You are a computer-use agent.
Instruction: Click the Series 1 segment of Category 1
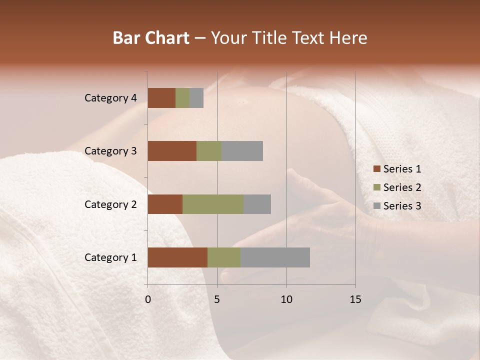pyautogui.click(x=177, y=257)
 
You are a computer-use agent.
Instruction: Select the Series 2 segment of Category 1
pyautogui.click(x=224, y=257)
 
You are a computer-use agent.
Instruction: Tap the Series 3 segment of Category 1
pyautogui.click(x=275, y=257)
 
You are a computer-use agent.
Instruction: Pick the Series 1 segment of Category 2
pyautogui.click(x=165, y=204)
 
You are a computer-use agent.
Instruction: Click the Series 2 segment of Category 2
pyautogui.click(x=213, y=204)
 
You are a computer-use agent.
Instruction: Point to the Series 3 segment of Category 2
pyautogui.click(x=257, y=204)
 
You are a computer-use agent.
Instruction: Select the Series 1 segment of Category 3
pyautogui.click(x=172, y=151)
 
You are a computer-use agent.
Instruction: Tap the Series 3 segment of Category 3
pyautogui.click(x=242, y=151)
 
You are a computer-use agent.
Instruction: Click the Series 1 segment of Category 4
pyautogui.click(x=161, y=98)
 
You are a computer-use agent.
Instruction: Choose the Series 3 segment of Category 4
pyautogui.click(x=196, y=98)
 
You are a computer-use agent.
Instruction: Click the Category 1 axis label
pyautogui.click(x=110, y=257)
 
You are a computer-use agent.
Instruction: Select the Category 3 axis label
pyautogui.click(x=110, y=151)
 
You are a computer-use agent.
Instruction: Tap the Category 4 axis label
pyautogui.click(x=110, y=98)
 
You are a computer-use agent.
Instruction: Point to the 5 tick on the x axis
pyautogui.click(x=217, y=299)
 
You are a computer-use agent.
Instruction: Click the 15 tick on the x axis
pyautogui.click(x=355, y=299)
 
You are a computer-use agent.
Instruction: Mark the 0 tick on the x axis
pyautogui.click(x=148, y=299)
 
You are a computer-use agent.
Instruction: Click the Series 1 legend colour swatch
pyautogui.click(x=376, y=169)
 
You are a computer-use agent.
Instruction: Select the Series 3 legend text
pyautogui.click(x=402, y=206)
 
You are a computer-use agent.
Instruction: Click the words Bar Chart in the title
pyautogui.click(x=151, y=38)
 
